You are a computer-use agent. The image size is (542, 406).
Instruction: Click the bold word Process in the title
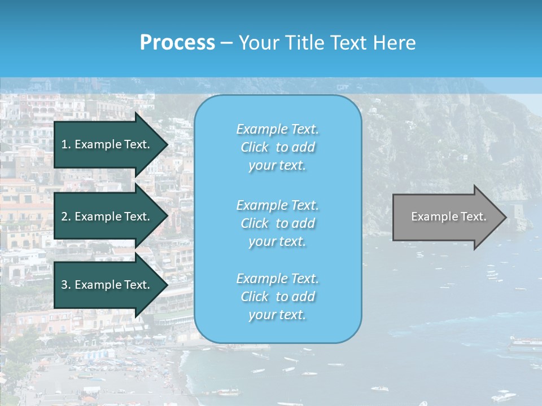tap(177, 43)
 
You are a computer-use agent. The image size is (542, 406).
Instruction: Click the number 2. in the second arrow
tap(65, 217)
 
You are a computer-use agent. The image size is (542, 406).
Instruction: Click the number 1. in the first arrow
tap(65, 144)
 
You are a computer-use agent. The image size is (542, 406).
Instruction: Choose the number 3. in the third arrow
tap(65, 285)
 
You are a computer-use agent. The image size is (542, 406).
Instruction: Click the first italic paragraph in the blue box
tap(277, 147)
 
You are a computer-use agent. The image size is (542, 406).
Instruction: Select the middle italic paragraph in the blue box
tap(277, 223)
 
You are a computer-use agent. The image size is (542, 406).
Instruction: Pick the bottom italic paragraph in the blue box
tap(277, 297)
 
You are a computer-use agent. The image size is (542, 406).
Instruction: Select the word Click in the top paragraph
tap(254, 147)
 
